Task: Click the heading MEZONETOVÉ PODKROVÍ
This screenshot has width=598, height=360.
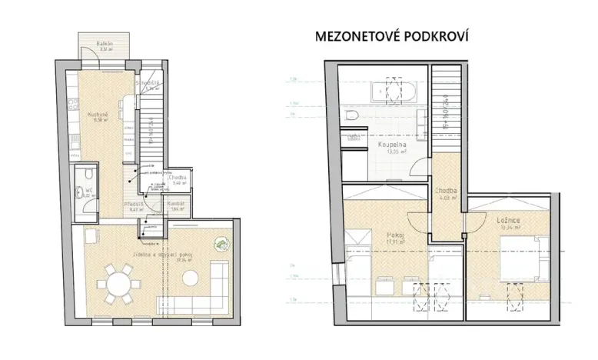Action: tap(392, 36)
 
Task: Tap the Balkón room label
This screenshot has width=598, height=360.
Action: tap(105, 45)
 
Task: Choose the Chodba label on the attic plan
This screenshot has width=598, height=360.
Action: tap(445, 192)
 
